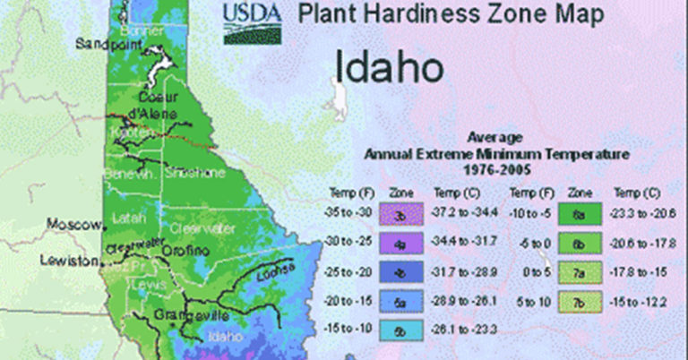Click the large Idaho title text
390,66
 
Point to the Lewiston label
67,261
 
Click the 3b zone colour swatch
400,215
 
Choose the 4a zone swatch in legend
400,242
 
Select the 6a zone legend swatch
581,215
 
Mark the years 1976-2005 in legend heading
483,168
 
